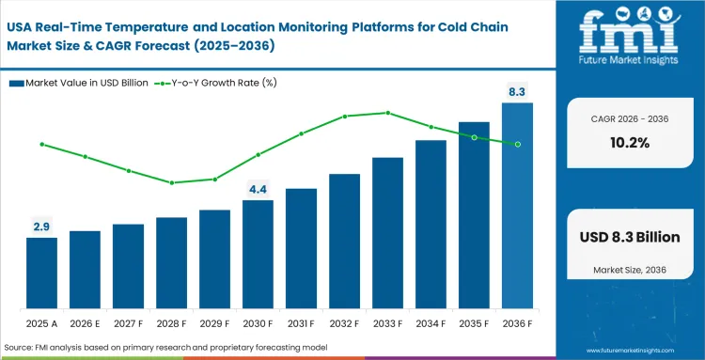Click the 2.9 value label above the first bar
click(41, 227)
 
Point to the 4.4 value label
click(258, 189)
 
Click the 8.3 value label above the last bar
click(517, 91)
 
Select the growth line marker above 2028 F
click(171, 182)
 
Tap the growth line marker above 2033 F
click(387, 113)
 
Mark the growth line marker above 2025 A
click(41, 144)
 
